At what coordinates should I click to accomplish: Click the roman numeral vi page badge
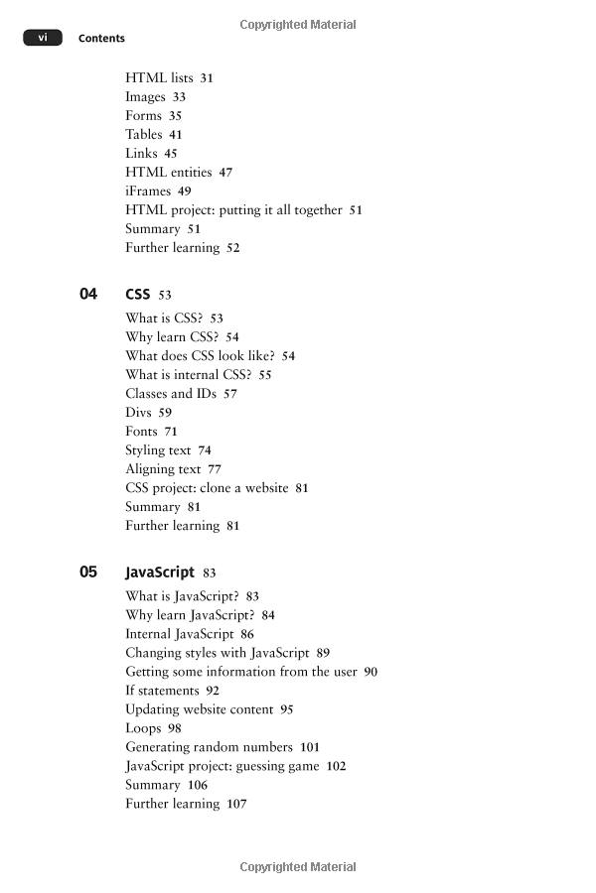[43, 38]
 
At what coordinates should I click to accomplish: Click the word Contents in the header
[101, 39]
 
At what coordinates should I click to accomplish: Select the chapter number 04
[88, 294]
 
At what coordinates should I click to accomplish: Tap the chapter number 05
[88, 572]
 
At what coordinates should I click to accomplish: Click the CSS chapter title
[137, 295]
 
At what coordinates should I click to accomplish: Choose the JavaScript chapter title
[160, 573]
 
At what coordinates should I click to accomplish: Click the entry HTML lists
[159, 77]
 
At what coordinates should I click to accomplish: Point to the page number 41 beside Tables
[176, 135]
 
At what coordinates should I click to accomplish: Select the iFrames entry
[148, 191]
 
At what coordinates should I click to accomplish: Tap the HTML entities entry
[169, 173]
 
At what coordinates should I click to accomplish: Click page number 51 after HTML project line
[356, 210]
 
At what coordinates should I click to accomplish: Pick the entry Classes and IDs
[171, 394]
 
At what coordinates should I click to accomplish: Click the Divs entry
[139, 413]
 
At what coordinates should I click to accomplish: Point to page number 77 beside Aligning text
[215, 469]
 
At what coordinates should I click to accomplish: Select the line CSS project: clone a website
[207, 488]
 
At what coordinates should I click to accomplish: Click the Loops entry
[143, 728]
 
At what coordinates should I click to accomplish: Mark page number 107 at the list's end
[236, 804]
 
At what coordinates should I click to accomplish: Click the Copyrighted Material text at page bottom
[298, 867]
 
